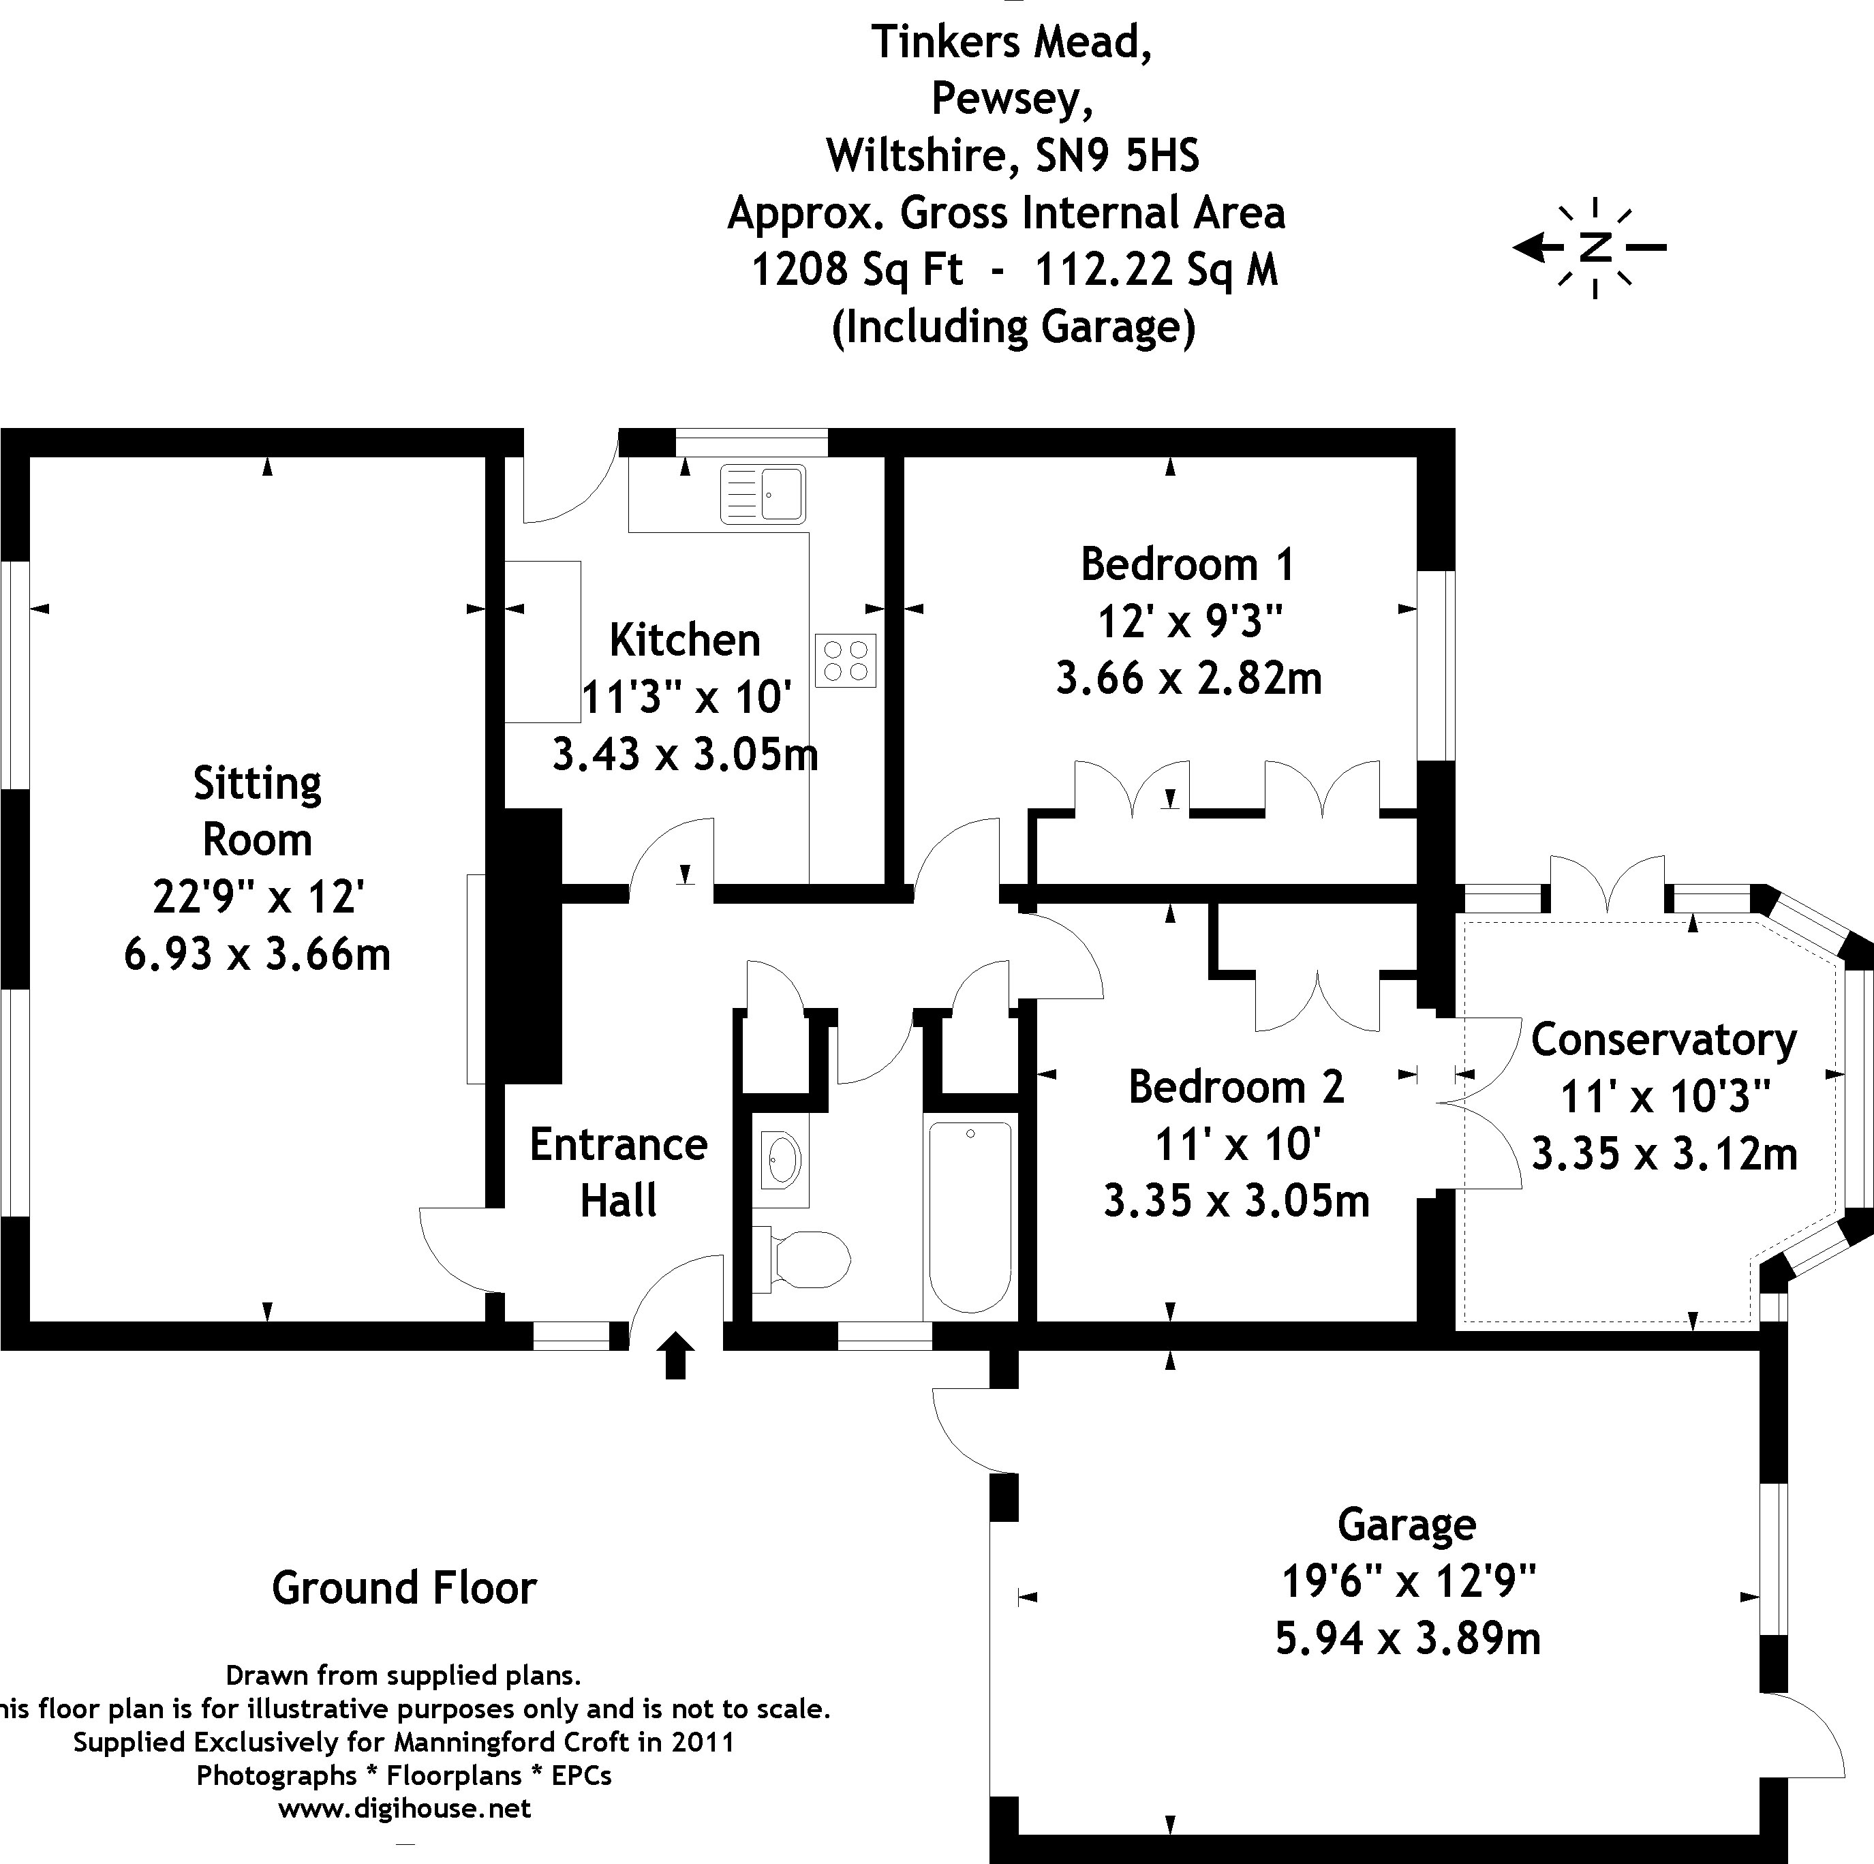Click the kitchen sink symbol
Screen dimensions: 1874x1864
coord(763,494)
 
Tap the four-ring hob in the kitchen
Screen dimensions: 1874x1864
coord(845,660)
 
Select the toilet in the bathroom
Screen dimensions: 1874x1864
coord(804,1260)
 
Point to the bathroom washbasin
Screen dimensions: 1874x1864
coord(782,1159)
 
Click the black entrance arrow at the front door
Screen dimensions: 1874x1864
coord(676,1356)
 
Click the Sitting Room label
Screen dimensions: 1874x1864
coord(257,811)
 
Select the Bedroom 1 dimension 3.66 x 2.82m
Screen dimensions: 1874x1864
coord(1188,677)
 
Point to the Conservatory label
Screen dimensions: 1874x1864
coord(1663,1039)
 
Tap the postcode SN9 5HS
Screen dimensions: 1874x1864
coord(1118,155)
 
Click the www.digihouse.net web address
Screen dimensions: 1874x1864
coord(405,1809)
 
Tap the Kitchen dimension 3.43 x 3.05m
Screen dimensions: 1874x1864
coord(685,754)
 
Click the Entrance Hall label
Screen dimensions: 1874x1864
coord(619,1172)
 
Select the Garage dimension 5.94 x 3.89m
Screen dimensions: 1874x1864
coord(1407,1639)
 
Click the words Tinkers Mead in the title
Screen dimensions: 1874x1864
coord(1012,42)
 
